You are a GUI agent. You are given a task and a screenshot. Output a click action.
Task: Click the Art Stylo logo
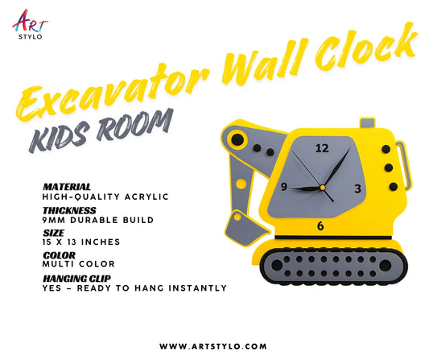click(28, 23)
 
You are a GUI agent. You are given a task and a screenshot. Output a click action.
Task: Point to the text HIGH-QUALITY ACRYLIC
click(94, 196)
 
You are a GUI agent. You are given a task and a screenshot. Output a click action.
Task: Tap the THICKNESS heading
click(70, 209)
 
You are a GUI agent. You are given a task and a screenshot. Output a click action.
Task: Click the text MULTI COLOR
click(78, 264)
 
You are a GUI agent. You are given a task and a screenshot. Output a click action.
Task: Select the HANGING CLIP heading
click(77, 278)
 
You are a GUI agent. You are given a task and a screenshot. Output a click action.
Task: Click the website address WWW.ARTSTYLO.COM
click(213, 346)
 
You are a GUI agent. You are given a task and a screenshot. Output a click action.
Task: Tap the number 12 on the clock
click(322, 148)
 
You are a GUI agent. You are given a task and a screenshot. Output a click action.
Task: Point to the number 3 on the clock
click(358, 188)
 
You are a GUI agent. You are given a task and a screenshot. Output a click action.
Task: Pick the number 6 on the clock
click(320, 226)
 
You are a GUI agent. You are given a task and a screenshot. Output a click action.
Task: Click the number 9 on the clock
click(283, 187)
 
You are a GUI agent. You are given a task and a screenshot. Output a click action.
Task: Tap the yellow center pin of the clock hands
click(322, 188)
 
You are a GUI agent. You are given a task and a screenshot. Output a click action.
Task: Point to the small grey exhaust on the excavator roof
click(367, 123)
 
